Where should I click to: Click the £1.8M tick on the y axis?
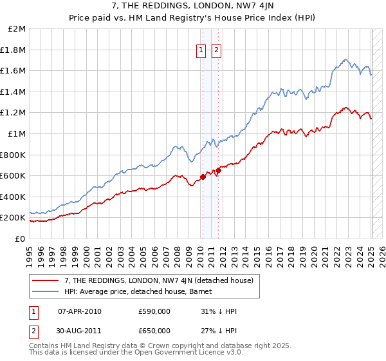14,50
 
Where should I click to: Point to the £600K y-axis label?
13,175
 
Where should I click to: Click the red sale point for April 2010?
203,176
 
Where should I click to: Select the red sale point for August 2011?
219,170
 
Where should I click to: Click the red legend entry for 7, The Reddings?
153,280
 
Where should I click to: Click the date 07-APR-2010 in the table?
80,312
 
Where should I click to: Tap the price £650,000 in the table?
154,331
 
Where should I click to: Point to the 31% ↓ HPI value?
219,312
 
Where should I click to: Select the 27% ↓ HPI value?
219,331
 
